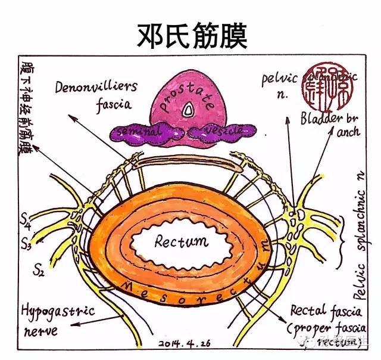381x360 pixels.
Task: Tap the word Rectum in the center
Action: tap(181, 242)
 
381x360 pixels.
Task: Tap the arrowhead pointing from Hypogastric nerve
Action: tap(70, 326)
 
